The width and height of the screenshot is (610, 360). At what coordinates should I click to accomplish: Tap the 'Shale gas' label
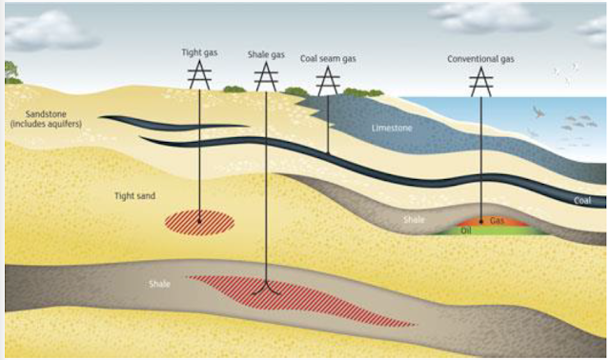click(265, 54)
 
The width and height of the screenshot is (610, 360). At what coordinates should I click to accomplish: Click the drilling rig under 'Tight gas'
click(198, 75)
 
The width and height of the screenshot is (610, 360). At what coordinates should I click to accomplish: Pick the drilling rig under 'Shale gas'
click(266, 78)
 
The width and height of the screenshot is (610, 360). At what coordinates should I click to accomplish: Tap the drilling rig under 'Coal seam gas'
click(327, 82)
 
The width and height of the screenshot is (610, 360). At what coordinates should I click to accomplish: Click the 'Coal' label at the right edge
click(583, 201)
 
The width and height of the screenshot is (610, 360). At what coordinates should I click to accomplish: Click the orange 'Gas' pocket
click(497, 220)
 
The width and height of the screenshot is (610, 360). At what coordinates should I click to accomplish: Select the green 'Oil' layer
click(467, 230)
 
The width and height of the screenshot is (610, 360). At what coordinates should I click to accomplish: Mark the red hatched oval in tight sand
click(199, 223)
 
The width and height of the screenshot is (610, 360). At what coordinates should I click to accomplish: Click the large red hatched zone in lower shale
click(295, 298)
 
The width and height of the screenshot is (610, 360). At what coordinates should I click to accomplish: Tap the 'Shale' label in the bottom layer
click(159, 284)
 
